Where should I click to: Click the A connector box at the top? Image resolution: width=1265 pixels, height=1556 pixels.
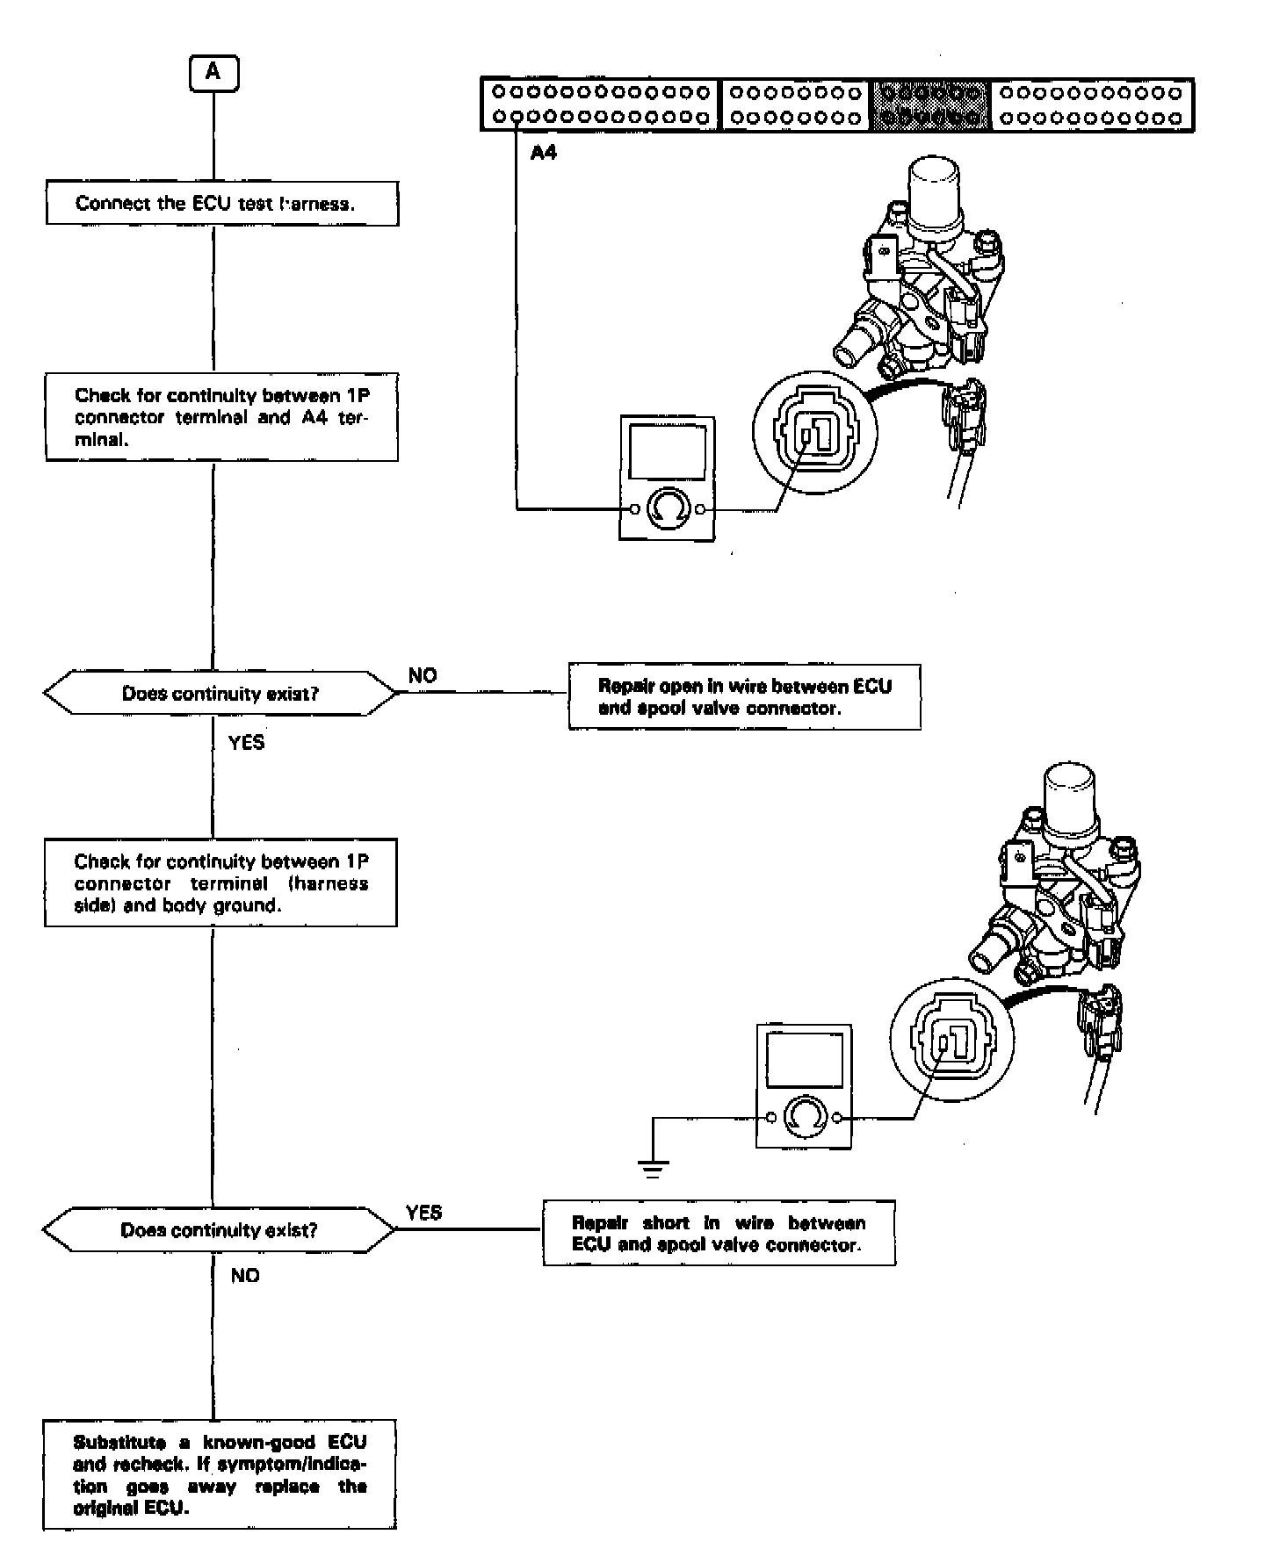coord(213,73)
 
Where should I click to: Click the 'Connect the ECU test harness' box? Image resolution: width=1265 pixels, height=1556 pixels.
coord(221,204)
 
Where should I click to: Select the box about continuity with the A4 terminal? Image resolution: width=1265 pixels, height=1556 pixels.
coord(221,417)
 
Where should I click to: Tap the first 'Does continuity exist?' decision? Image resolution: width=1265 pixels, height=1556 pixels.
coord(220,694)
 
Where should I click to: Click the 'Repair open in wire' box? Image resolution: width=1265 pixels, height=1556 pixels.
coord(744,697)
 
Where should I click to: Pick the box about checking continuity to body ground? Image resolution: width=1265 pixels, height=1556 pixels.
coord(220,882)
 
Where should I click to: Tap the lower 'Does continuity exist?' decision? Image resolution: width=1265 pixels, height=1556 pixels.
coord(219,1229)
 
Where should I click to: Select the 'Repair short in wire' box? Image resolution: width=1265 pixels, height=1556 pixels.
coord(719,1233)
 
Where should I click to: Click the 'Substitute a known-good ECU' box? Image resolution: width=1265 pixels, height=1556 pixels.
coord(220,1474)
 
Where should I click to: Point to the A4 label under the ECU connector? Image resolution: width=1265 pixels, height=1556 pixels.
coord(544,153)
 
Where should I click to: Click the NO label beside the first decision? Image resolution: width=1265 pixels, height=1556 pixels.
coord(423,675)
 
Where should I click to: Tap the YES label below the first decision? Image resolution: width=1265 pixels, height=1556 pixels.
coord(246,742)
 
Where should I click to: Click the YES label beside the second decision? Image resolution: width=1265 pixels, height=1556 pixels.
coord(423,1212)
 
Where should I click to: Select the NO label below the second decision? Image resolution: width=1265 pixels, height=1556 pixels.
coord(245,1275)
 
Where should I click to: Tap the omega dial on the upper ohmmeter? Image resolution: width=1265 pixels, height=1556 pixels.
coord(666,508)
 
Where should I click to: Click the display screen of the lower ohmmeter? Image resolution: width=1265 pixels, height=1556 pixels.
coord(804,1059)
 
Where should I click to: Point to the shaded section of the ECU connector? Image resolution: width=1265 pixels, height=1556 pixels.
coord(931,104)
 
